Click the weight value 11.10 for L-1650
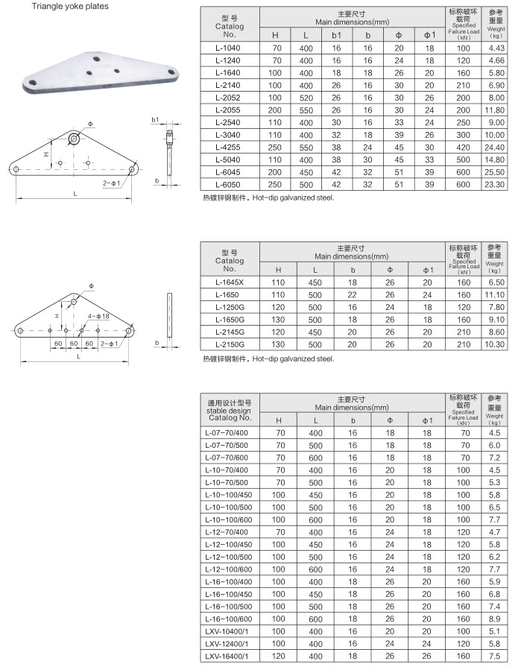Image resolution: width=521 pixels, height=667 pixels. point(496,295)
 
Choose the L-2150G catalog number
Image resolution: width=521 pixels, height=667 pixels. point(230,344)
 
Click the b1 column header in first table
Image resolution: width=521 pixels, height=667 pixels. point(336,35)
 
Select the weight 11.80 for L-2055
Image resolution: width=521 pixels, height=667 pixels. point(496,110)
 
